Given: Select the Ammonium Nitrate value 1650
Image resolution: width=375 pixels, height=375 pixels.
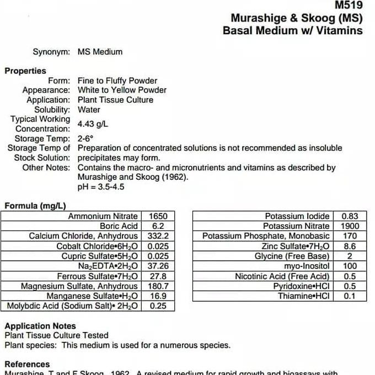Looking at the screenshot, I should click(158, 216).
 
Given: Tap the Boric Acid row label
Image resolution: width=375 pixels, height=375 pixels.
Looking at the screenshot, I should click(119, 226).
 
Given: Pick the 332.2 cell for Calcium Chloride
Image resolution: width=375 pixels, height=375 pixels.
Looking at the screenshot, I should click(158, 236).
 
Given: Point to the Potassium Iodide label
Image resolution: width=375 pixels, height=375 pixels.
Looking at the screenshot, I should click(297, 216).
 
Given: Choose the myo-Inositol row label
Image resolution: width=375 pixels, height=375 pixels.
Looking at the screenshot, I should click(308, 266).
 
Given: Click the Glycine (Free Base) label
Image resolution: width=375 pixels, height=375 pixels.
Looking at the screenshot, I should click(292, 256).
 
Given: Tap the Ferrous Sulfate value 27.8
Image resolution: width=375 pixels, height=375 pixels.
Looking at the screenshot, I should click(158, 276).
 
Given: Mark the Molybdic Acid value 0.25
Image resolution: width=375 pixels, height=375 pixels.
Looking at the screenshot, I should click(158, 306).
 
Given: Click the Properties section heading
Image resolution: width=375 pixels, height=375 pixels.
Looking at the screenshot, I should click(25, 71).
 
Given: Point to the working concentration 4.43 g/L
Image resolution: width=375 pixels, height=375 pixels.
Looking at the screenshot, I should click(93, 124).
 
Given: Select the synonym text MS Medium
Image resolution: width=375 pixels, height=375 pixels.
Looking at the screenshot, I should click(100, 52).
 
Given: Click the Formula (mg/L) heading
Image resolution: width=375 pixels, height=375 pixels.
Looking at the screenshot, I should click(35, 206).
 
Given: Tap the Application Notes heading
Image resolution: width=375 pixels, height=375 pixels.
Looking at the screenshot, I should click(40, 326).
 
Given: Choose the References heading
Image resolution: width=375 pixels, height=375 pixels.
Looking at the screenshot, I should click(27, 364).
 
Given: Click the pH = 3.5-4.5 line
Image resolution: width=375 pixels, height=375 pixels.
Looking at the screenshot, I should click(101, 186).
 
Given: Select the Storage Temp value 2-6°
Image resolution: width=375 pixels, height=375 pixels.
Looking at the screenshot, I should click(85, 138).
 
